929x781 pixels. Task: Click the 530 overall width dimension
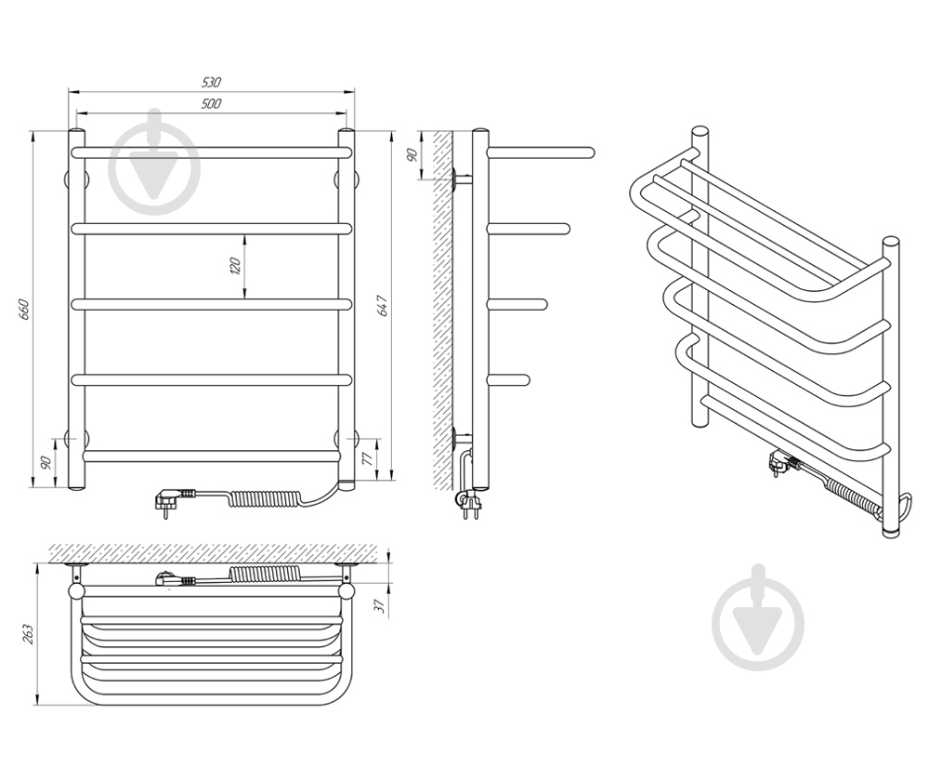click(x=212, y=82)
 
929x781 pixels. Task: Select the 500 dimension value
click(x=212, y=104)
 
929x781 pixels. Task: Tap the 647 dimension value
click(x=384, y=305)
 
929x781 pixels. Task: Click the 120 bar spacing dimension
click(x=235, y=266)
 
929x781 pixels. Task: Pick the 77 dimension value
click(x=366, y=457)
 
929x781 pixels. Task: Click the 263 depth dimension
click(x=28, y=634)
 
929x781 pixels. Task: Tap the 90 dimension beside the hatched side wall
click(x=413, y=154)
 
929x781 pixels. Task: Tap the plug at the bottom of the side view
click(x=470, y=504)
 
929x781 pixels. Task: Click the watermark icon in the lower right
click(x=758, y=616)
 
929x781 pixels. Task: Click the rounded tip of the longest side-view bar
click(x=591, y=152)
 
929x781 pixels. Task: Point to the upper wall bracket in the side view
click(x=461, y=178)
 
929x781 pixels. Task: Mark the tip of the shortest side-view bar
click(x=526, y=380)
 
